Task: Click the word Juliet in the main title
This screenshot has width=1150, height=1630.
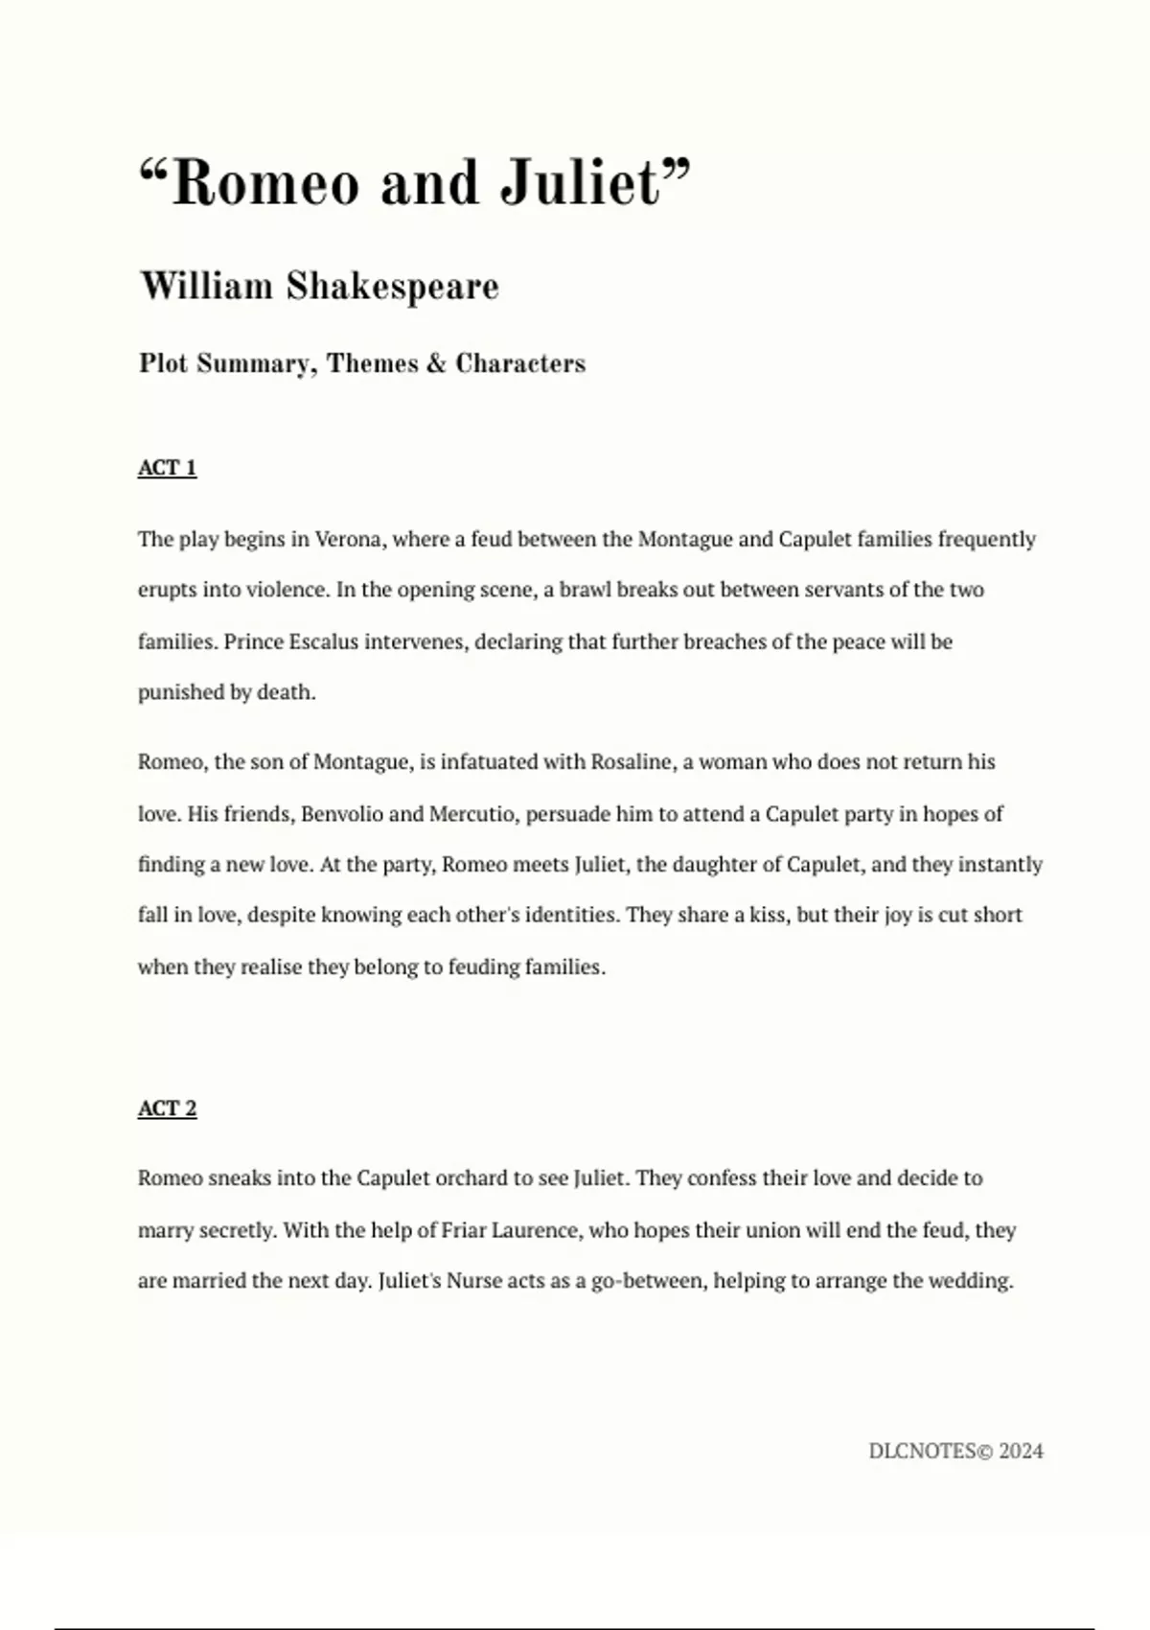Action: [582, 182]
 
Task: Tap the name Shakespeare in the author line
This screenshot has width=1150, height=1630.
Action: [392, 287]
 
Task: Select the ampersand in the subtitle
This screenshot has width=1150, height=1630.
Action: [436, 363]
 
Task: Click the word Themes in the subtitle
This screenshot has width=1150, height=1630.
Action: [372, 363]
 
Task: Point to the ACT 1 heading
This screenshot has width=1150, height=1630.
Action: [167, 468]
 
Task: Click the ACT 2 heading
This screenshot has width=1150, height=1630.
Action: [167, 1108]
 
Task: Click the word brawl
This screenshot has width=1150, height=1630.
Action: [585, 590]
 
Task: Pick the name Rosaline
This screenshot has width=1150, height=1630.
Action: [632, 762]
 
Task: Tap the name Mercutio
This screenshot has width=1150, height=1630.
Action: [471, 814]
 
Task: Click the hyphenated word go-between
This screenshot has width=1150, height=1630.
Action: [647, 1281]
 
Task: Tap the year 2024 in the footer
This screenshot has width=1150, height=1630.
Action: [1021, 1452]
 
